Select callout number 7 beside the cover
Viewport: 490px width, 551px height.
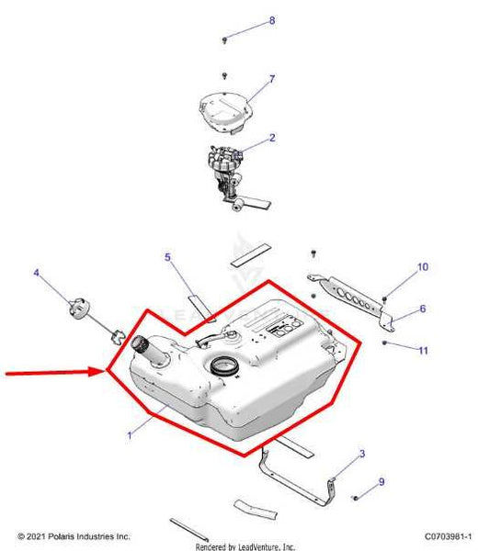(x=272, y=79)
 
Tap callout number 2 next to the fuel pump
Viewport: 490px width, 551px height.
(x=272, y=139)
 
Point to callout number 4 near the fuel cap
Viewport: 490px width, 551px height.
(x=37, y=273)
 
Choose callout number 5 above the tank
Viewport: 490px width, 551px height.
(x=168, y=257)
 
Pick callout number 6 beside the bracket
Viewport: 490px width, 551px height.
(x=423, y=309)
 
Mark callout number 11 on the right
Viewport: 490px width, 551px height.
(x=423, y=350)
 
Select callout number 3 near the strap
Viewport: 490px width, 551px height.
(x=361, y=454)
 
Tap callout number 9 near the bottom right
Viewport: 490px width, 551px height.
(x=381, y=481)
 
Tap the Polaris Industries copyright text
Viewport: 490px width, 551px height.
(x=74, y=535)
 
